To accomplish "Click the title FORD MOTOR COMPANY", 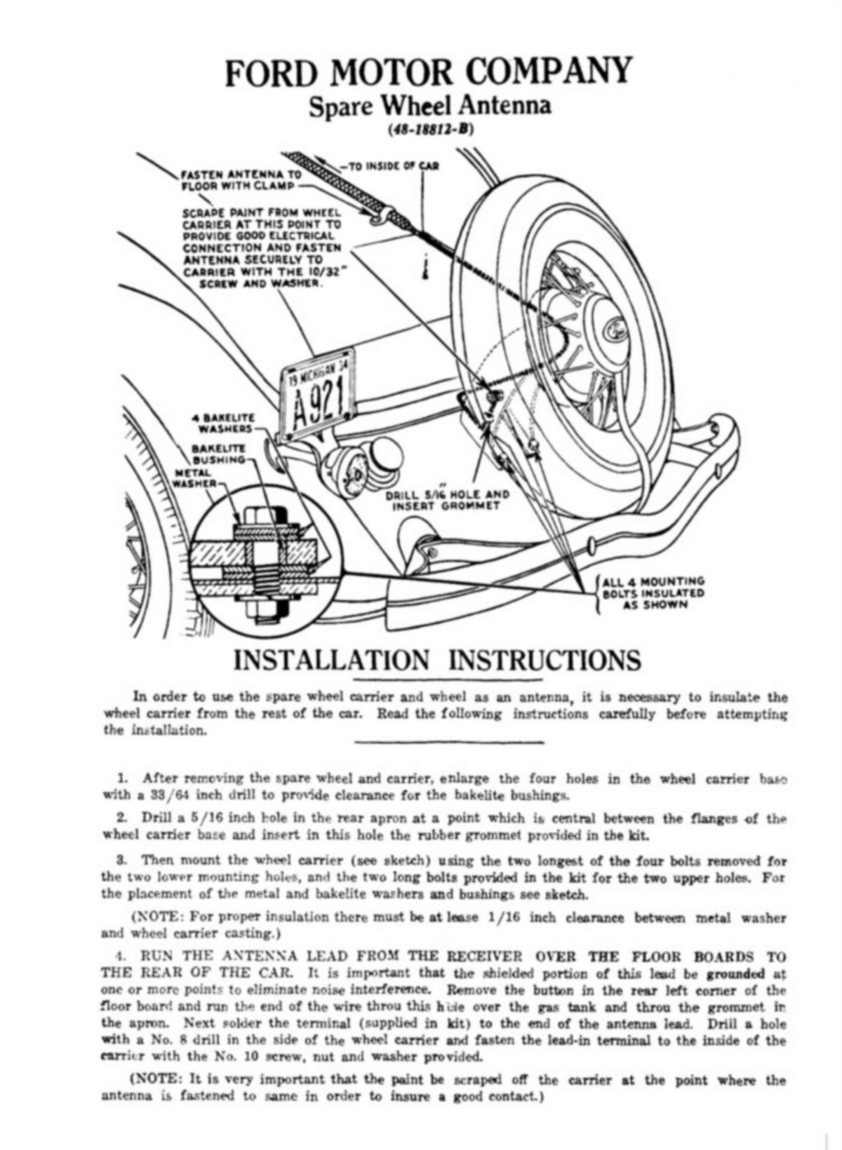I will (427, 72).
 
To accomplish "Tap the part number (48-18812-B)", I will (429, 129).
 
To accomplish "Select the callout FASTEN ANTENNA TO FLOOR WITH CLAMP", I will (241, 180).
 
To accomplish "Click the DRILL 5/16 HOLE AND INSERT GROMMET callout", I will (448, 499).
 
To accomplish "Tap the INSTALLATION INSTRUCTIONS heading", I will (436, 660).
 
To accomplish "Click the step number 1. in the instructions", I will (123, 778).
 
